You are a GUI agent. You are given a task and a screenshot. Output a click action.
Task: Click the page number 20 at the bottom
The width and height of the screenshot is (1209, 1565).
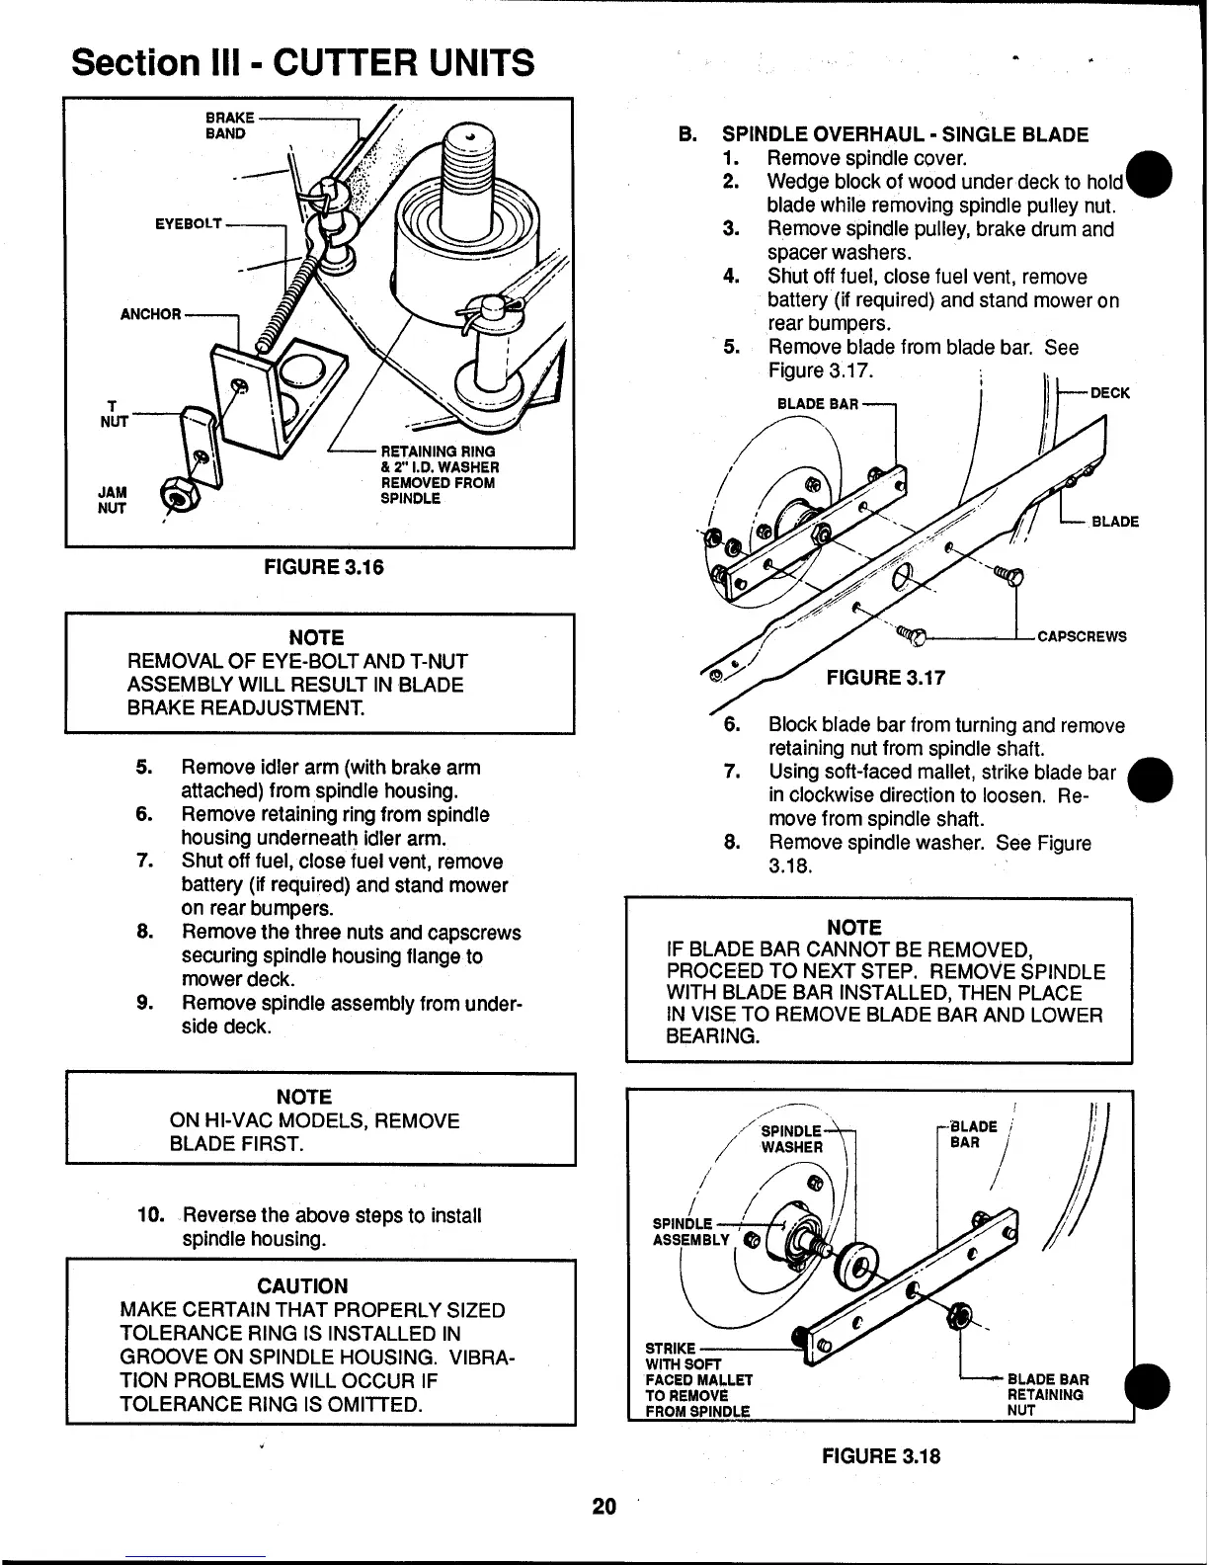click(604, 1506)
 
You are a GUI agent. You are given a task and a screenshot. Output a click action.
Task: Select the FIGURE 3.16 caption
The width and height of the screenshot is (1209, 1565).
click(322, 567)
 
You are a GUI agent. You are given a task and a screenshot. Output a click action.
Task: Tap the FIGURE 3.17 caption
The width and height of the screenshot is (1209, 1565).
click(885, 677)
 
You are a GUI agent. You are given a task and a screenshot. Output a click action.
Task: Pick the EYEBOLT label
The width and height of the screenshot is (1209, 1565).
click(188, 224)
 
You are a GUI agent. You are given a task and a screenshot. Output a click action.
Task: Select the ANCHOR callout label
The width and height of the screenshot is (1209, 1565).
click(150, 314)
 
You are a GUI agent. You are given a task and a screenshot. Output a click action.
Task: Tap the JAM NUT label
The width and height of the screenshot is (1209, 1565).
click(112, 500)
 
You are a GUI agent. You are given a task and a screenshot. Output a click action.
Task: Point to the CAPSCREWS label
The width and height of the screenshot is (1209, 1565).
click(1082, 636)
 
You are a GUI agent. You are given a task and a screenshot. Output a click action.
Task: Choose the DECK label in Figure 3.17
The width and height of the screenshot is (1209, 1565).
click(1109, 392)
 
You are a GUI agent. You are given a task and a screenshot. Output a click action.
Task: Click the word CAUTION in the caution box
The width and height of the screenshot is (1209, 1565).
click(302, 1285)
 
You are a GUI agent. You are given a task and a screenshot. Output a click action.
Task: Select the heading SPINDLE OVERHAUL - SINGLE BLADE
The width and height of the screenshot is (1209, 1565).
click(905, 134)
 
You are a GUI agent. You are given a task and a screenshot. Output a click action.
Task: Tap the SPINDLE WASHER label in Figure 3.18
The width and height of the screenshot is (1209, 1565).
click(791, 1138)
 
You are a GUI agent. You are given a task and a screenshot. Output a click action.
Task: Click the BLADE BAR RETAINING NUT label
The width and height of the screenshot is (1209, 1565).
click(1047, 1394)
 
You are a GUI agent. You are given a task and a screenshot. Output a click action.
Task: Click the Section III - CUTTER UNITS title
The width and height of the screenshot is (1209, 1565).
click(303, 63)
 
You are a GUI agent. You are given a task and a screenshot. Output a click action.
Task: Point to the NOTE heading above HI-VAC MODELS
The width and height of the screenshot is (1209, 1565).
click(303, 1097)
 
